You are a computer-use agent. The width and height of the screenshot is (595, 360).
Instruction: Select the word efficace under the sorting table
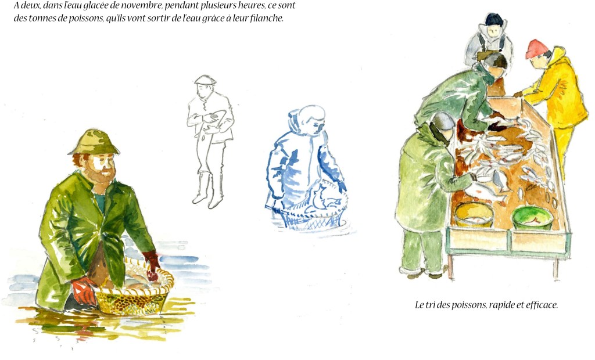pos(542,305)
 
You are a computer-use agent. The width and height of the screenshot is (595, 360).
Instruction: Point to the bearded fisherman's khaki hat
pos(94,142)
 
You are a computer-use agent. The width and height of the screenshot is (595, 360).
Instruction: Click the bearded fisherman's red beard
pos(102,175)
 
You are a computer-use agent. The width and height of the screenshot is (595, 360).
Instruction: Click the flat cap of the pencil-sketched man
pos(205,80)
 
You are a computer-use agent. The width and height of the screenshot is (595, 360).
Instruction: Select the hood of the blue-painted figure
pos(303,118)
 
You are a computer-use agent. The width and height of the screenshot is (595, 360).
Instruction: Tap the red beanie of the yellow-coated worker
pos(536,49)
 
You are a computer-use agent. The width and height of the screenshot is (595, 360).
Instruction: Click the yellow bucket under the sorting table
pos(474,215)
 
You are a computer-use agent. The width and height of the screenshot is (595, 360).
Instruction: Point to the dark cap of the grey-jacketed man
pos(494,19)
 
